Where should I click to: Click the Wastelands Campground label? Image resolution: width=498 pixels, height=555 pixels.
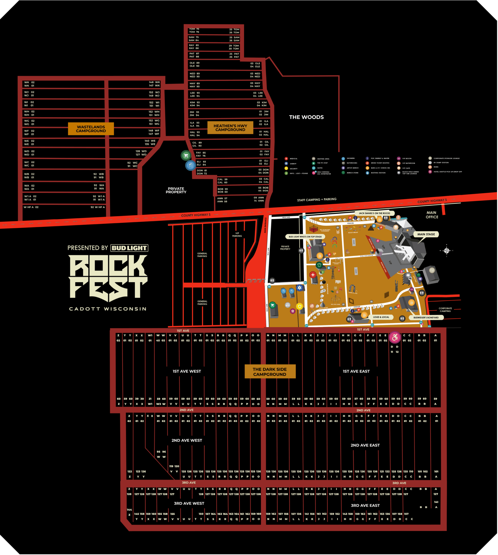tap(91, 129)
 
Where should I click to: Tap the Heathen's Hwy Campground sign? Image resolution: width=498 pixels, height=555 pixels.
tap(230, 128)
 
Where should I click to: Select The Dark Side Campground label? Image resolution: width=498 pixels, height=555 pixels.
tap(270, 372)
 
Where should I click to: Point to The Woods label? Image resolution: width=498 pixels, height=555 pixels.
tap(306, 117)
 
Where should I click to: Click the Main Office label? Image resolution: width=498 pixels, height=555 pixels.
tap(432, 215)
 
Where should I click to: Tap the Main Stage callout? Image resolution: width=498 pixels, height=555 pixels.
tap(426, 234)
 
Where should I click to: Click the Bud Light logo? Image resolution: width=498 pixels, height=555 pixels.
tap(129, 248)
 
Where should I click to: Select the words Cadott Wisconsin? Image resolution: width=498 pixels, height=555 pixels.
tap(108, 309)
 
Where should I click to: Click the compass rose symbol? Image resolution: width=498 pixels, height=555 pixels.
tap(447, 250)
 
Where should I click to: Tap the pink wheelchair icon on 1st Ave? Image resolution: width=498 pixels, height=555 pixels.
tap(395, 338)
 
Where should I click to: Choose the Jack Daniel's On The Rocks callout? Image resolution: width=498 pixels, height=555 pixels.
tap(374, 213)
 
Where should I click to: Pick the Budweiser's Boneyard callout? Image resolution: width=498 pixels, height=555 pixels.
tap(426, 318)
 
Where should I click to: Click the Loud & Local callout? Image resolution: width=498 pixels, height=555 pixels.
tap(381, 317)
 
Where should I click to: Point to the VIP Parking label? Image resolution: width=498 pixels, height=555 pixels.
tap(237, 234)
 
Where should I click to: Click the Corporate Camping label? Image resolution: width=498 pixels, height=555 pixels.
tap(445, 310)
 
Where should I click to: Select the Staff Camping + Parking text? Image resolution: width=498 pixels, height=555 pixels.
tap(317, 199)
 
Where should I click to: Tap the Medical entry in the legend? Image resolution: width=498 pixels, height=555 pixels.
tap(293, 159)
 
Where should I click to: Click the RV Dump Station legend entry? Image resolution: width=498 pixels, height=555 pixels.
tap(441, 163)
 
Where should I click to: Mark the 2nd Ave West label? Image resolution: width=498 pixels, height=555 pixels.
tap(187, 440)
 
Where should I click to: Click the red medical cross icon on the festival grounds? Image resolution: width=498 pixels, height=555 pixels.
tap(313, 275)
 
